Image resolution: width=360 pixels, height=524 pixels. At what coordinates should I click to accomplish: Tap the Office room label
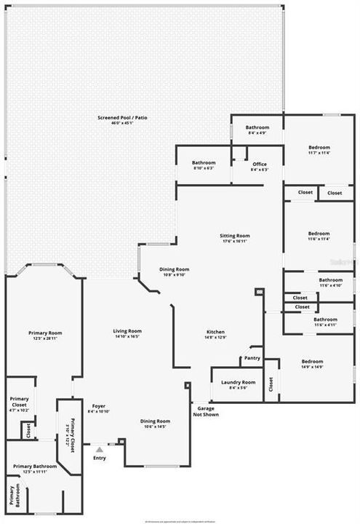point(260,164)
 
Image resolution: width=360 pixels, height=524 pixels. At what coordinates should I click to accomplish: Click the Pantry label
point(252,358)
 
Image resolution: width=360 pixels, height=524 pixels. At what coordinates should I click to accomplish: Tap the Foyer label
point(99,405)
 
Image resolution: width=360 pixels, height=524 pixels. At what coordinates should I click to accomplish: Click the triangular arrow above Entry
point(99,450)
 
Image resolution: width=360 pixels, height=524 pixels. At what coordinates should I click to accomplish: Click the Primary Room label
point(42,332)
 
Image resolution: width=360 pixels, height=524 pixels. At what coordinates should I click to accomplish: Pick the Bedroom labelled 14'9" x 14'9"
point(312,361)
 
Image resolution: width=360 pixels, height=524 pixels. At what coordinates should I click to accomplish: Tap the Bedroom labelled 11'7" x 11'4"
point(319,147)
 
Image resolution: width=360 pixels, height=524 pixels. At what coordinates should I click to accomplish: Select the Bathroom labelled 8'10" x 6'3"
point(204,162)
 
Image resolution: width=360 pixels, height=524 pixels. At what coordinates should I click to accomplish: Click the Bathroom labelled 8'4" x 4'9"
point(257,127)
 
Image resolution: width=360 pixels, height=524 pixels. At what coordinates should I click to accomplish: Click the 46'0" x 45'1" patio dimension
point(118,123)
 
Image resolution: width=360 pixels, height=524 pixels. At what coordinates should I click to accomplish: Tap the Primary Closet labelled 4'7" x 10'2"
point(19,401)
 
